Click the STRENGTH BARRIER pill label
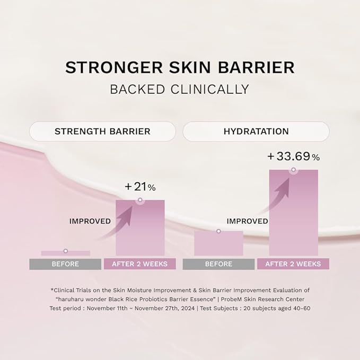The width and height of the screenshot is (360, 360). click(x=102, y=131)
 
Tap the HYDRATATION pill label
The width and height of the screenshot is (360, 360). click(x=256, y=131)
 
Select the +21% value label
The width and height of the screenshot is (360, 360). click(x=140, y=187)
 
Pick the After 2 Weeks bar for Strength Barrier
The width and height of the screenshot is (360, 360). click(x=140, y=231)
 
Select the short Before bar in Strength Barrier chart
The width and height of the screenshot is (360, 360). click(x=65, y=253)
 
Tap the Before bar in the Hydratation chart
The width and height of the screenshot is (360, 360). click(x=218, y=244)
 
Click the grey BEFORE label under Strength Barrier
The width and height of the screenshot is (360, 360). click(x=65, y=264)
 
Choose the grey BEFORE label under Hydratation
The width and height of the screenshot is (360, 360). click(x=218, y=264)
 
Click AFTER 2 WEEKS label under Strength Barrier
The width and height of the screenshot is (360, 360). click(x=140, y=264)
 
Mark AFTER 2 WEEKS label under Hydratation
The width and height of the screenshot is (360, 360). click(x=293, y=264)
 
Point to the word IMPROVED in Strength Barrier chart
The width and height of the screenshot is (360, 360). click(x=90, y=221)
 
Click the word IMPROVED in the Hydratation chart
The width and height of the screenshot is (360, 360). click(x=247, y=221)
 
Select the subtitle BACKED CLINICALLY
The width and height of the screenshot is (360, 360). click(x=180, y=89)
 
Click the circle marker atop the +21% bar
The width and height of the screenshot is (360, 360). click(x=140, y=200)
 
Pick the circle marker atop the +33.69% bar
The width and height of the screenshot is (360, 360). click(x=293, y=170)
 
